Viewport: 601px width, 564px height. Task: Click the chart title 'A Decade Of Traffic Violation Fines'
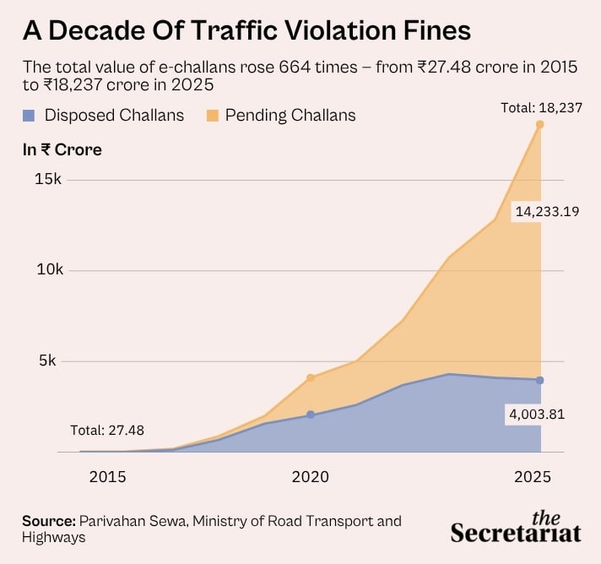pyautogui.click(x=246, y=31)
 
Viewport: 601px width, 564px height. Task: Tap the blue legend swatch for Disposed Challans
pyautogui.click(x=30, y=114)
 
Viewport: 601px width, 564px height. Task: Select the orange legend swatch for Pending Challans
pyautogui.click(x=209, y=114)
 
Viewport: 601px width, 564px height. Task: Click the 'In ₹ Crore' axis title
pyautogui.click(x=62, y=149)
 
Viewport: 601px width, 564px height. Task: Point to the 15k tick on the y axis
pyautogui.click(x=46, y=180)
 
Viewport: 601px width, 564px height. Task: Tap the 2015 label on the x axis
pyautogui.click(x=107, y=476)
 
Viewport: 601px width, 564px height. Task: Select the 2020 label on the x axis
pyautogui.click(x=311, y=476)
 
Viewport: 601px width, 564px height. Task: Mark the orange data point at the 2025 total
pyautogui.click(x=539, y=125)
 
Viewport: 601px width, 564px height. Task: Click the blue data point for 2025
pyautogui.click(x=539, y=380)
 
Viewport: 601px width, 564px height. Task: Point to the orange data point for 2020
pyautogui.click(x=311, y=377)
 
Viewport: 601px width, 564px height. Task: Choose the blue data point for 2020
pyautogui.click(x=311, y=415)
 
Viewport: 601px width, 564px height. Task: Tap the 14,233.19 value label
pyautogui.click(x=545, y=212)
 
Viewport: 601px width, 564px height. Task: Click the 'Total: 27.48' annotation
pyautogui.click(x=107, y=430)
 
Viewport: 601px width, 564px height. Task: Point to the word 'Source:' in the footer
pyautogui.click(x=48, y=520)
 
